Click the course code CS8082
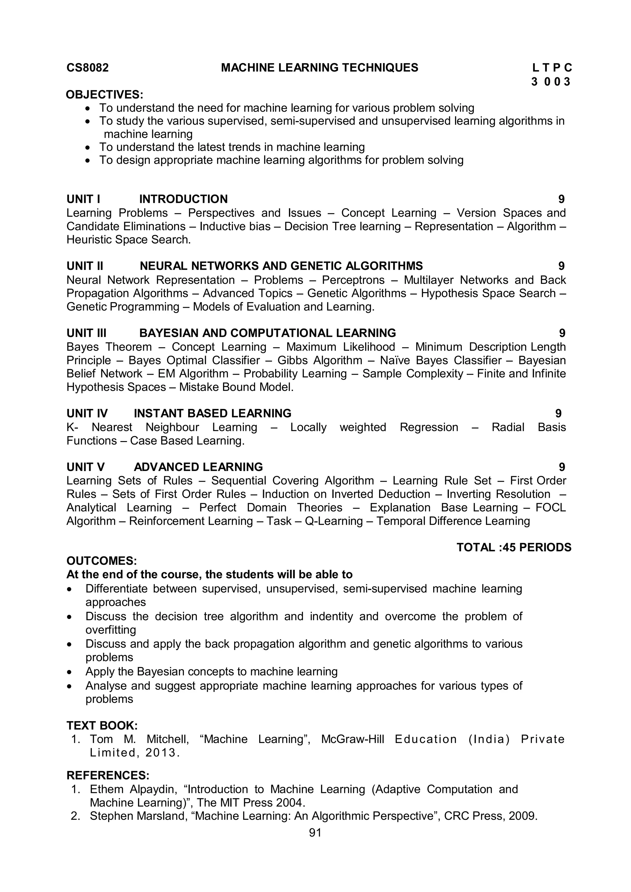click(88, 68)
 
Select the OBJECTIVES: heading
click(104, 94)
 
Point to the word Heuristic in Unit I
click(89, 239)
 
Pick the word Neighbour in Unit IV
click(172, 427)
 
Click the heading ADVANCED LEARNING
click(198, 467)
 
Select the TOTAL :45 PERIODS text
click(514, 547)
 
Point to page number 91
click(315, 833)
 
